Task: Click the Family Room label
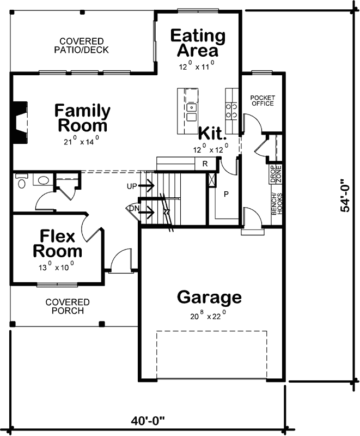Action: click(82, 118)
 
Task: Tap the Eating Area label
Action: click(198, 44)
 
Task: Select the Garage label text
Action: click(209, 298)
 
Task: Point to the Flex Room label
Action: click(57, 244)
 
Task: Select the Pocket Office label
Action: click(263, 101)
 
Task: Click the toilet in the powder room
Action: click(21, 181)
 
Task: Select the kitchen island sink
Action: click(191, 112)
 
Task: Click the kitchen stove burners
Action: click(232, 111)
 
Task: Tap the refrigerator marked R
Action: click(205, 163)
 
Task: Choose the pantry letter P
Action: click(225, 193)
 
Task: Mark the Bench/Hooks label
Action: click(274, 203)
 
